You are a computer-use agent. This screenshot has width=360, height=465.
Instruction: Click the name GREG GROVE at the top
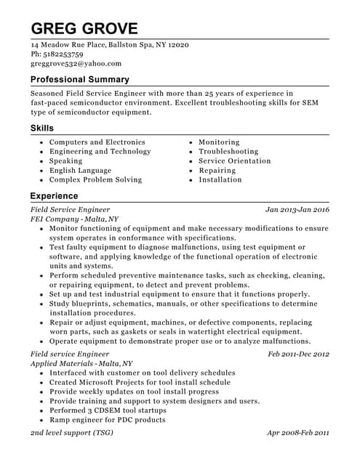(x=84, y=28)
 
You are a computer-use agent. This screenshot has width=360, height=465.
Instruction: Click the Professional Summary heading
(x=79, y=79)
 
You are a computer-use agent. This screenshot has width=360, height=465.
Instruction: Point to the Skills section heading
(x=41, y=128)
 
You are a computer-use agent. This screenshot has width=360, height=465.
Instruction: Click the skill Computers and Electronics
(x=97, y=142)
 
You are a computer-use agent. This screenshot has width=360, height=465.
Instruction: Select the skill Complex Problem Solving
(x=95, y=179)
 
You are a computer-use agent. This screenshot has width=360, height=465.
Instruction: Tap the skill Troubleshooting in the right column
(x=228, y=152)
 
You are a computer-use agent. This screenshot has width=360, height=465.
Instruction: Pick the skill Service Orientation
(x=234, y=161)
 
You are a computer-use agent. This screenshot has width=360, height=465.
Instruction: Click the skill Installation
(x=220, y=179)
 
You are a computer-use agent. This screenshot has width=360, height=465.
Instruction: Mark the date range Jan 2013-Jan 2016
(x=297, y=209)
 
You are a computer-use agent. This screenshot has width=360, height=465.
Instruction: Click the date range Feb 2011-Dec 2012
(x=298, y=354)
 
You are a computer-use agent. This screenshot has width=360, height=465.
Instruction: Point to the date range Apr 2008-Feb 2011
(x=298, y=432)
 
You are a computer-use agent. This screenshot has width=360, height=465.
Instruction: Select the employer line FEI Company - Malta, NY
(x=74, y=219)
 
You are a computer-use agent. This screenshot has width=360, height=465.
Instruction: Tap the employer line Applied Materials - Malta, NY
(x=81, y=363)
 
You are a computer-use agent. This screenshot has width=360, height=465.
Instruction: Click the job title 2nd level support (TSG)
(x=71, y=432)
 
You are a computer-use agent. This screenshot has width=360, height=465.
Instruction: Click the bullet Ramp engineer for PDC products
(x=107, y=420)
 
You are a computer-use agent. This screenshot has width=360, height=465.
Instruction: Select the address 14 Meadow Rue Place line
(x=109, y=45)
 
